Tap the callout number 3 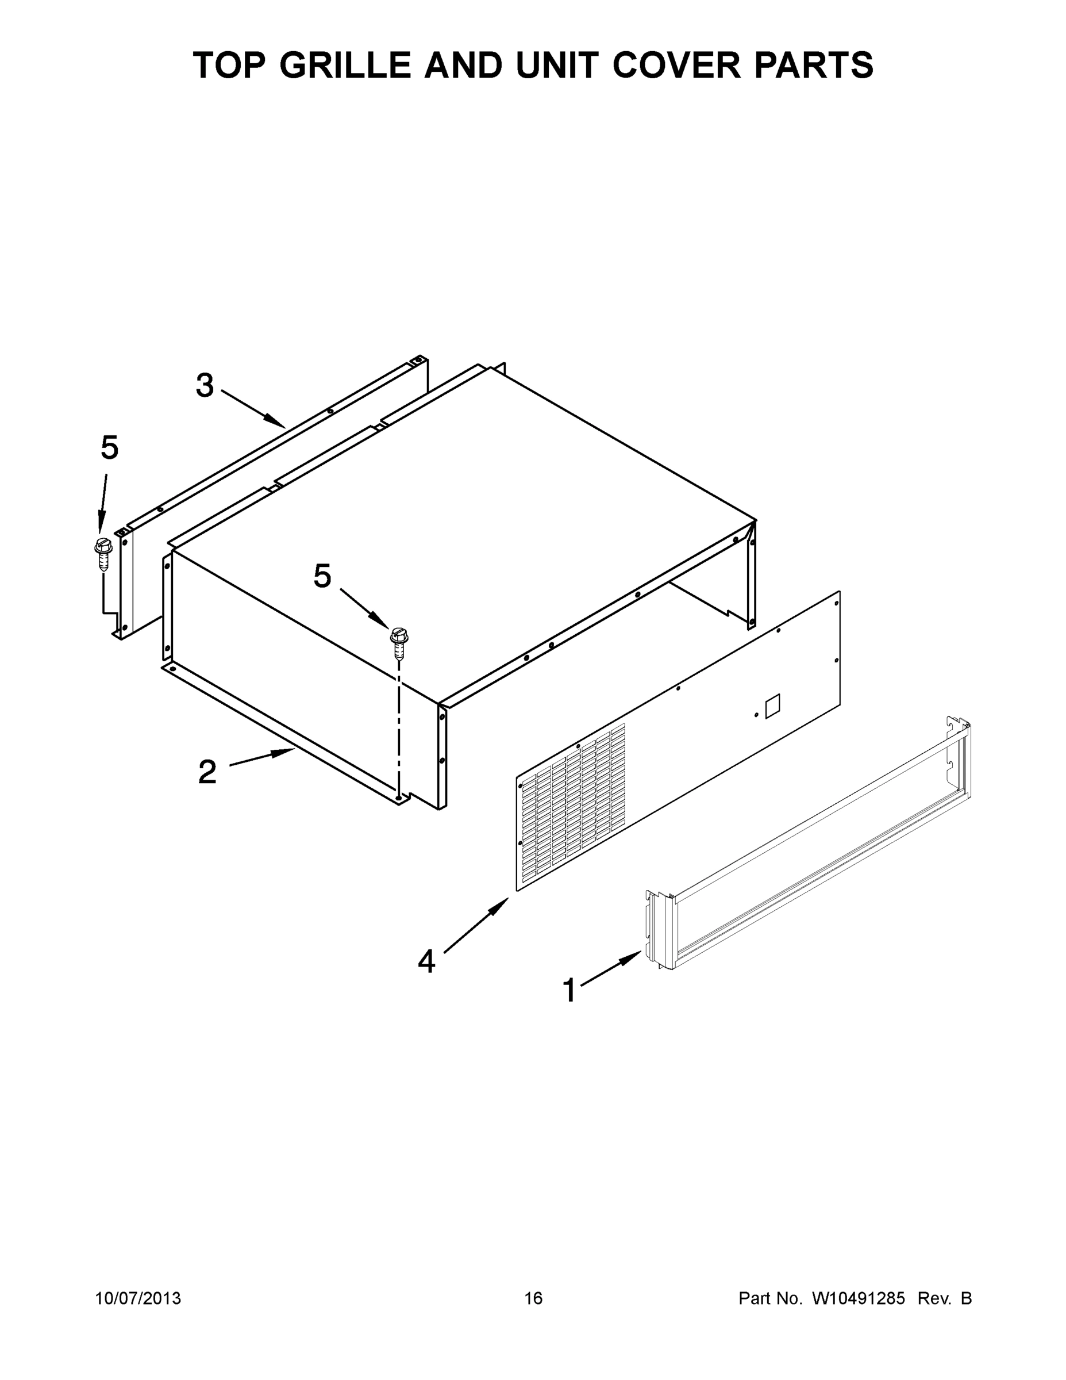pyautogui.click(x=205, y=385)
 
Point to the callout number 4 pyautogui.click(x=427, y=963)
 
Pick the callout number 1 pyautogui.click(x=569, y=991)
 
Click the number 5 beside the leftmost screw pyautogui.click(x=109, y=448)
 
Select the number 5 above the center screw pyautogui.click(x=322, y=576)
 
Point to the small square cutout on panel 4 pyautogui.click(x=772, y=707)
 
